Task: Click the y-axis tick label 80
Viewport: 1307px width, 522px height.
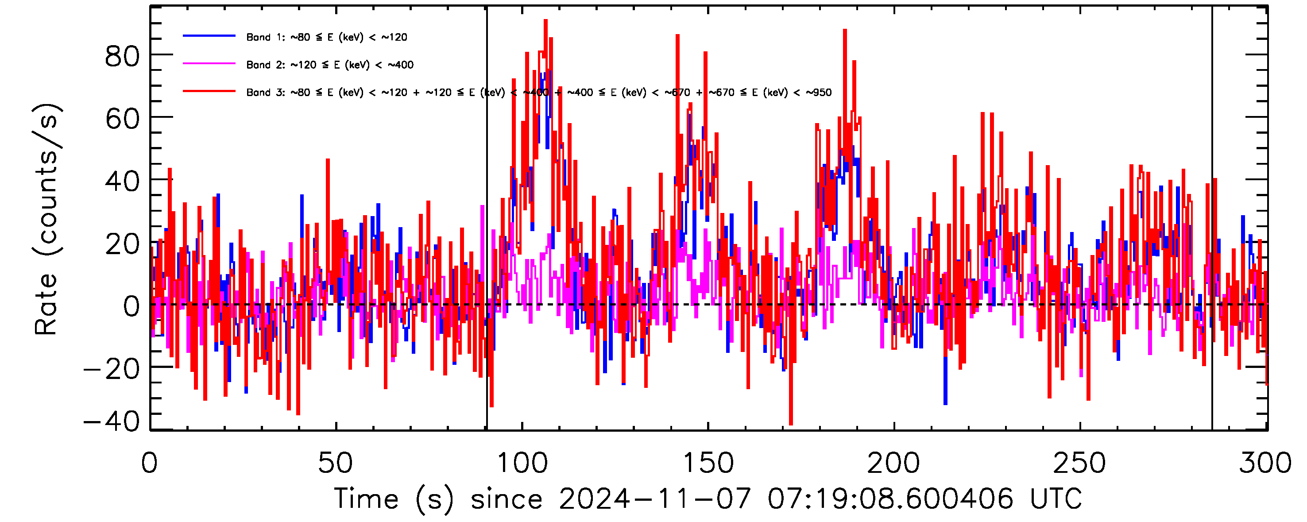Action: [122, 56]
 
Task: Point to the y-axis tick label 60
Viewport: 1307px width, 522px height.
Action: [122, 120]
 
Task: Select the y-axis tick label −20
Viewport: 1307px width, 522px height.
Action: [112, 369]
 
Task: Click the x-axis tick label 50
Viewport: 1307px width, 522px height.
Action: [335, 463]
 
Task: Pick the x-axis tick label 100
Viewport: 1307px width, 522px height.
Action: [522, 463]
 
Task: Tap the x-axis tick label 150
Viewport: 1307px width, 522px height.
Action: [708, 463]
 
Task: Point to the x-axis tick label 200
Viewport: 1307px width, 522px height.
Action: [894, 463]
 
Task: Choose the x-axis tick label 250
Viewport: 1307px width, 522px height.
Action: [1080, 463]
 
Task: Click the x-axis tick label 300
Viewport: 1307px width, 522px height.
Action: [1265, 463]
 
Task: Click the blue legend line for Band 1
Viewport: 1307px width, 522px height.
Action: [209, 36]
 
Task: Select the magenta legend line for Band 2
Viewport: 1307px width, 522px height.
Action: [209, 64]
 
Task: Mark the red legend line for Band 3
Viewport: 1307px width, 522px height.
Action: [209, 91]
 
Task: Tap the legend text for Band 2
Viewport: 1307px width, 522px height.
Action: [330, 65]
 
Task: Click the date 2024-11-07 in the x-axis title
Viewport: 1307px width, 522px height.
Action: [654, 498]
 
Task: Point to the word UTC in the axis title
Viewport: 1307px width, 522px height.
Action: [1056, 498]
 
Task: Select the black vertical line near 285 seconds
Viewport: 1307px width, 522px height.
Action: [1212, 254]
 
